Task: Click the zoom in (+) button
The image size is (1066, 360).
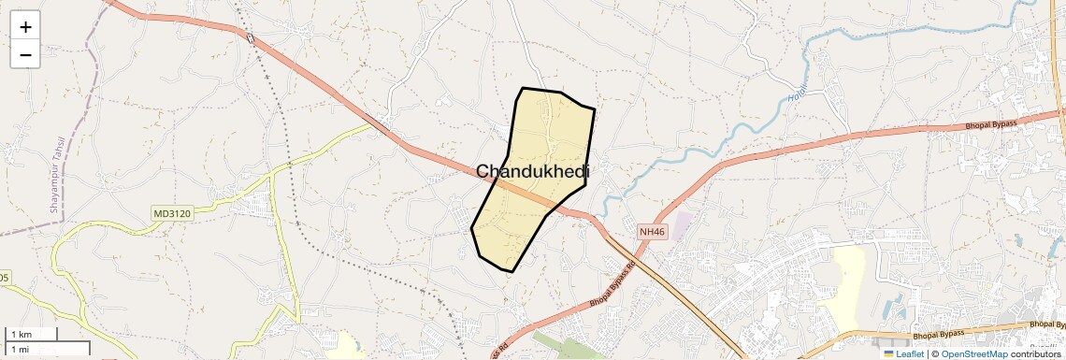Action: [25, 27]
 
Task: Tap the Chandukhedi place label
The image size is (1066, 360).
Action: [533, 171]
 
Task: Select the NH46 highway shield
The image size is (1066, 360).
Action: [654, 230]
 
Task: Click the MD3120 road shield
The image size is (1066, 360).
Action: [171, 214]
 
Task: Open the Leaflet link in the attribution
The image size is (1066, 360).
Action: [909, 353]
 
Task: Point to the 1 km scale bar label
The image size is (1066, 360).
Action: [20, 334]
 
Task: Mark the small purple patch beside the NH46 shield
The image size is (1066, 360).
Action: [684, 224]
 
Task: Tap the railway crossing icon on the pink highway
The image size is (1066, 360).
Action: [251, 37]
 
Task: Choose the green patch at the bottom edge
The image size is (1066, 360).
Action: [570, 348]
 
